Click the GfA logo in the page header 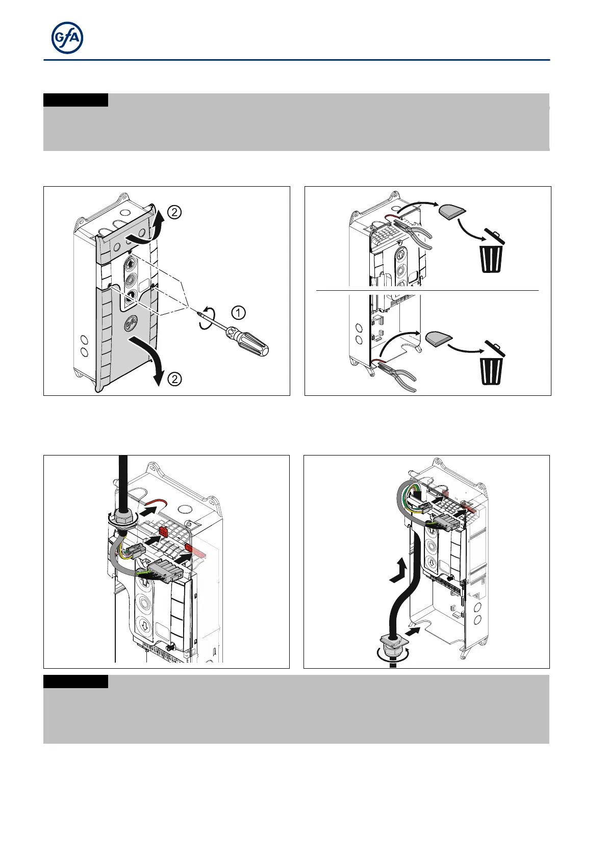[x=67, y=38]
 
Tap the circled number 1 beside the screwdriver [x=238, y=312]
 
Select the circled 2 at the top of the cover [x=174, y=212]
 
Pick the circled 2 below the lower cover [x=174, y=379]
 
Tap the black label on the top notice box [x=75, y=100]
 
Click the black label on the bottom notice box [x=75, y=681]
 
